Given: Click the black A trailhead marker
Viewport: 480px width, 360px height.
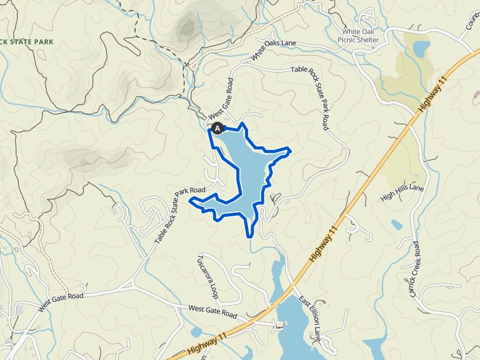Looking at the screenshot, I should [x=217, y=128].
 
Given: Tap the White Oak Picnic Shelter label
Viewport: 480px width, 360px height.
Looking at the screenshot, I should [x=361, y=36].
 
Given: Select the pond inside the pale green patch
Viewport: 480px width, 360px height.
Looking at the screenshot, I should [x=421, y=48].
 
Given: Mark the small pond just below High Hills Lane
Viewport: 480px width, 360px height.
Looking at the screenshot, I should [x=396, y=224].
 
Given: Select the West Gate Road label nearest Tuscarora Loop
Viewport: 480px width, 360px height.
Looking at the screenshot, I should [x=212, y=311].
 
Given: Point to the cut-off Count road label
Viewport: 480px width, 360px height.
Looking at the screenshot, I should [x=472, y=24].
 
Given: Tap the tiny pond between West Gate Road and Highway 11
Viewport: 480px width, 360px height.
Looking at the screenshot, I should [x=196, y=332].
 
